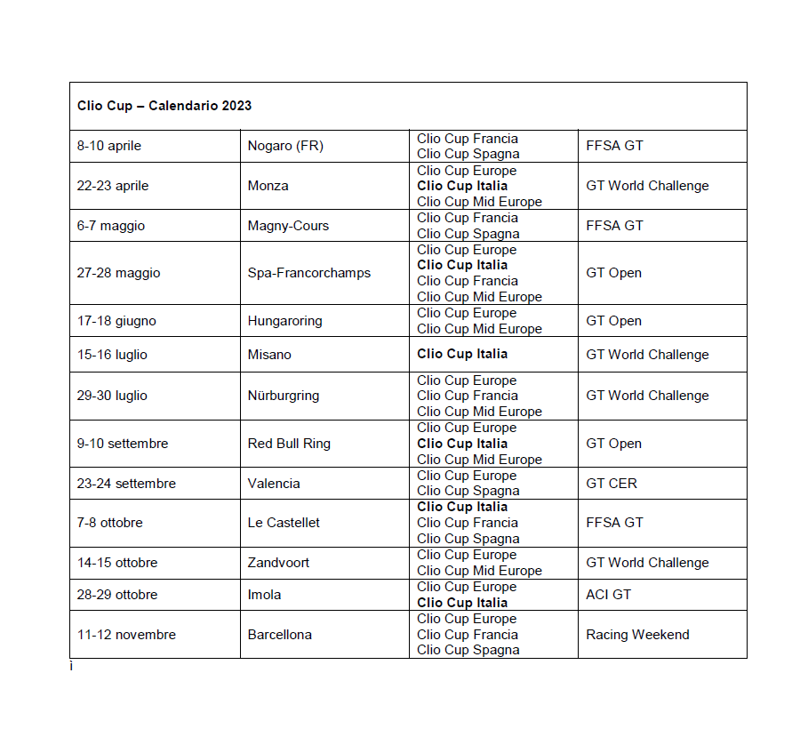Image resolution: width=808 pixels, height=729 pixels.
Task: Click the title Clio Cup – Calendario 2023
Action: pos(164,106)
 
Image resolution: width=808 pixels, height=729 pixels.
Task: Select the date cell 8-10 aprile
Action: pos(109,146)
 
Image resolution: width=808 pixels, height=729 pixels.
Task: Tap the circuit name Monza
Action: pos(268,186)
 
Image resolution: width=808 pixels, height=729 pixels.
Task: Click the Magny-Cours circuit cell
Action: pos(288,226)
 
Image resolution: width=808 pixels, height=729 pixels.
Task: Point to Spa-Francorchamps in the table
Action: pos(308,273)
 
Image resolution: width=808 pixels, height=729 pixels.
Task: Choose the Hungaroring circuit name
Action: pos(284,321)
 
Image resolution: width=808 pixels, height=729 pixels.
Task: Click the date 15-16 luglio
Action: pos(112,355)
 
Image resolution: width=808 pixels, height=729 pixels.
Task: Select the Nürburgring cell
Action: pos(283,396)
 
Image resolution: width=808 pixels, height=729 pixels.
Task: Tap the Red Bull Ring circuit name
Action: pos(289,444)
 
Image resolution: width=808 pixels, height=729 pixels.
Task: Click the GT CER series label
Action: pos(612,484)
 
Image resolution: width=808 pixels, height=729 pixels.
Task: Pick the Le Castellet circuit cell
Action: pos(284,523)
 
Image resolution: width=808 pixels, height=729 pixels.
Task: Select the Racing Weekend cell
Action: pos(637,635)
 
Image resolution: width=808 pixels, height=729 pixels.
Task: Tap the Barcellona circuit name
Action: pos(279,635)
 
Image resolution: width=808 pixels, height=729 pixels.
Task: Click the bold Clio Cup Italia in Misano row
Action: pos(462,354)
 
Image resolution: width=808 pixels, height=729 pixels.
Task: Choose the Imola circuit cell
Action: pos(264,594)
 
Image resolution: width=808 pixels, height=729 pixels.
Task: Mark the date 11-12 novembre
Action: pos(126,635)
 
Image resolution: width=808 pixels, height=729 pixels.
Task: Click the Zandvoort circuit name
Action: pos(278,563)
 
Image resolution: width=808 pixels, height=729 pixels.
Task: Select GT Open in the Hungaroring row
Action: pos(613,321)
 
